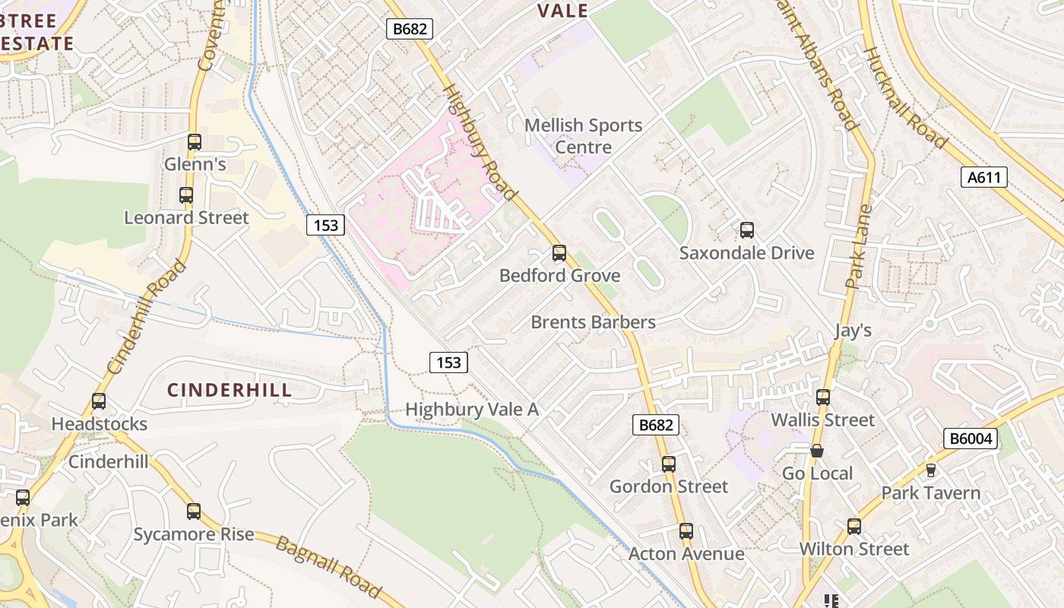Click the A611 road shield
pyautogui.click(x=985, y=178)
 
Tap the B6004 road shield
pyautogui.click(x=970, y=439)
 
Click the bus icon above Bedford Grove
pyautogui.click(x=559, y=253)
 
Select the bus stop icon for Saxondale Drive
pyautogui.click(x=747, y=230)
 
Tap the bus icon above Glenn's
pyautogui.click(x=195, y=142)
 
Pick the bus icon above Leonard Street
pyautogui.click(x=186, y=195)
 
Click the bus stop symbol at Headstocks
pyautogui.click(x=99, y=401)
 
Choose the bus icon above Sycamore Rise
pyautogui.click(x=194, y=511)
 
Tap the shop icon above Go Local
pyautogui.click(x=817, y=451)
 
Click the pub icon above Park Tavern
pyautogui.click(x=931, y=470)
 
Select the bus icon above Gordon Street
pyautogui.click(x=669, y=464)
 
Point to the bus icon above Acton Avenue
pyautogui.click(x=686, y=531)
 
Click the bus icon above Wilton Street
pyautogui.click(x=854, y=527)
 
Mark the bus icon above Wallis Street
pyautogui.click(x=823, y=397)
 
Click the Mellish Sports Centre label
pyautogui.click(x=584, y=135)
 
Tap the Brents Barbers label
pyautogui.click(x=593, y=322)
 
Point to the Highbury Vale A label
pyautogui.click(x=472, y=410)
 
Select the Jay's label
pyautogui.click(x=853, y=331)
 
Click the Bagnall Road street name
pyautogui.click(x=328, y=566)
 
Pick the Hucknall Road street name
pyautogui.click(x=905, y=97)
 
